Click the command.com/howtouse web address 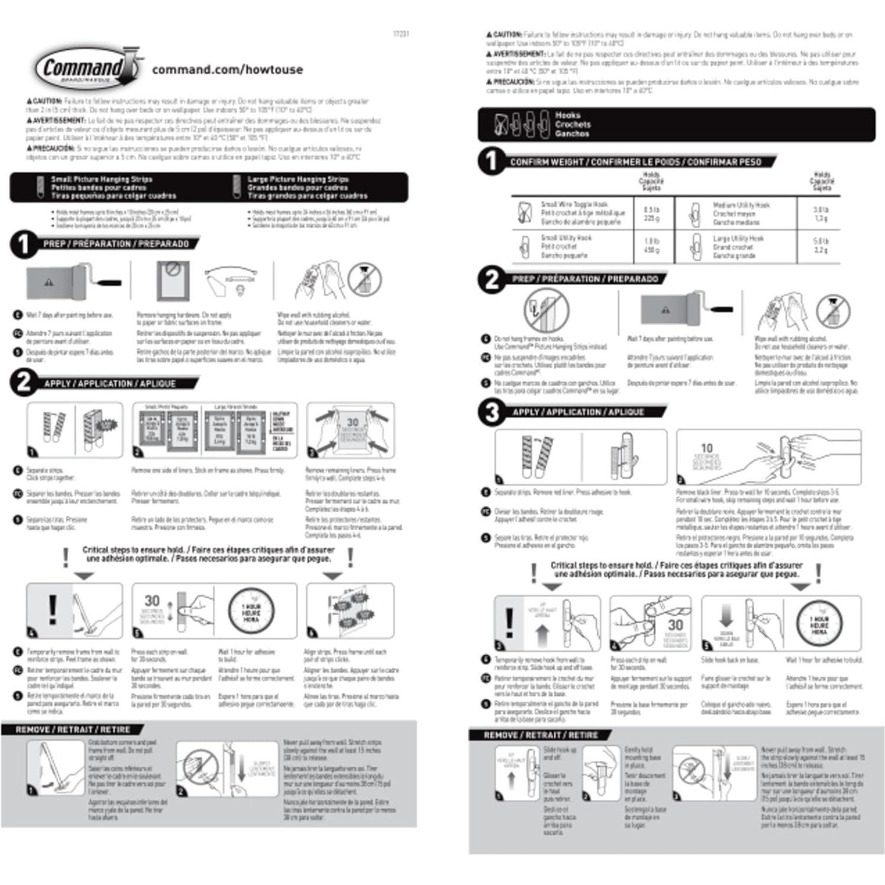click(x=227, y=70)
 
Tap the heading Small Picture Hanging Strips click(x=101, y=179)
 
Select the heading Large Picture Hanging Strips click(x=298, y=179)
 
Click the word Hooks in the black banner click(x=567, y=115)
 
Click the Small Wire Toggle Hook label click(x=574, y=204)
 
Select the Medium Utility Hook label click(x=741, y=205)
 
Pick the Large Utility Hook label click(x=738, y=238)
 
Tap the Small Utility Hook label click(x=566, y=238)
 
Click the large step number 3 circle click(x=492, y=412)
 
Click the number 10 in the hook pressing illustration click(x=706, y=448)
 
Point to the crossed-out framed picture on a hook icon click(x=545, y=311)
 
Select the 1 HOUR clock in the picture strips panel click(x=251, y=612)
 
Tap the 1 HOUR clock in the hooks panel click(x=819, y=625)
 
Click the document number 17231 click(x=400, y=34)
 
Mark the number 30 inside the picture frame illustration click(x=353, y=422)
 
